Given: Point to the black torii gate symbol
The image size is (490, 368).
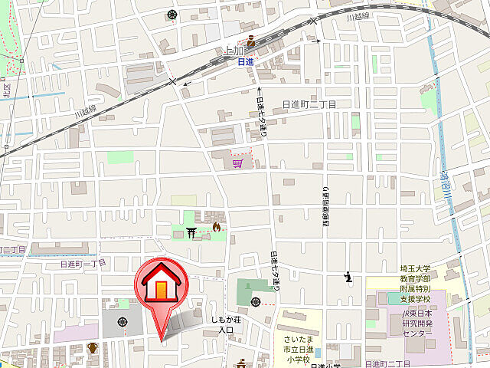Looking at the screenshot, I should pyautogui.click(x=191, y=228).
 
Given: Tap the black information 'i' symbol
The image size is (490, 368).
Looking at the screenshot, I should pyautogui.click(x=349, y=277).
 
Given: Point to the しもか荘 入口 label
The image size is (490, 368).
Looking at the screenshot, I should pyautogui.click(x=227, y=325).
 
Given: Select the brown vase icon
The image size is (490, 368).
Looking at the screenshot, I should pyautogui.click(x=93, y=349).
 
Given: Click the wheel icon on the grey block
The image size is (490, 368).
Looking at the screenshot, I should pyautogui.click(x=122, y=323).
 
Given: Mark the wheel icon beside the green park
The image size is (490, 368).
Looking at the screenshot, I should pyautogui.click(x=256, y=302).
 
